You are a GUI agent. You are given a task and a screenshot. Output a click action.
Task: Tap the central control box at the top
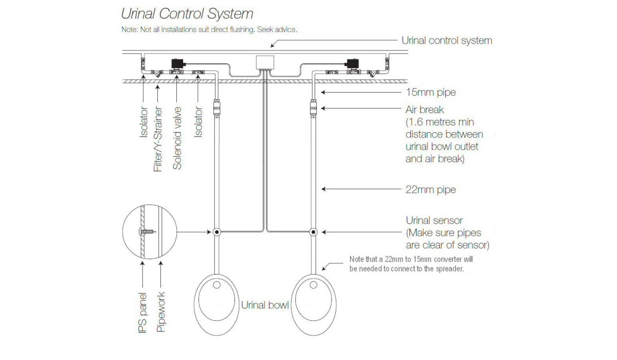265,62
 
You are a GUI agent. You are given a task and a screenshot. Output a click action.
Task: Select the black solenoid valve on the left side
177,64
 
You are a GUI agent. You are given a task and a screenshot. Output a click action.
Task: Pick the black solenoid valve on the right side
353,64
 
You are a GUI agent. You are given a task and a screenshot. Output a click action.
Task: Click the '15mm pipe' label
431,93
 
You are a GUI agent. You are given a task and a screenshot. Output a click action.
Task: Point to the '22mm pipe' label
431,190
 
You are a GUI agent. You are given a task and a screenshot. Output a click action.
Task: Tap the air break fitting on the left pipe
216,109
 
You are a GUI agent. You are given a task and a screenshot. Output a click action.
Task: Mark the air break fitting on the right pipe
313,109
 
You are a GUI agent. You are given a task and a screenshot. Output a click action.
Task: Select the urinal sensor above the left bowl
216,232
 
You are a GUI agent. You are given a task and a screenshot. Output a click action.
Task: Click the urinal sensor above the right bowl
313,232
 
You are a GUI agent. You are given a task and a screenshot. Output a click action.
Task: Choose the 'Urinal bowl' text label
264,305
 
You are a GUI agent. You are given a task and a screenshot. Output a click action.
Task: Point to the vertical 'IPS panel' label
146,312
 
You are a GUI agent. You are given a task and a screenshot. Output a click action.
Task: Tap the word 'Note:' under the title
130,29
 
